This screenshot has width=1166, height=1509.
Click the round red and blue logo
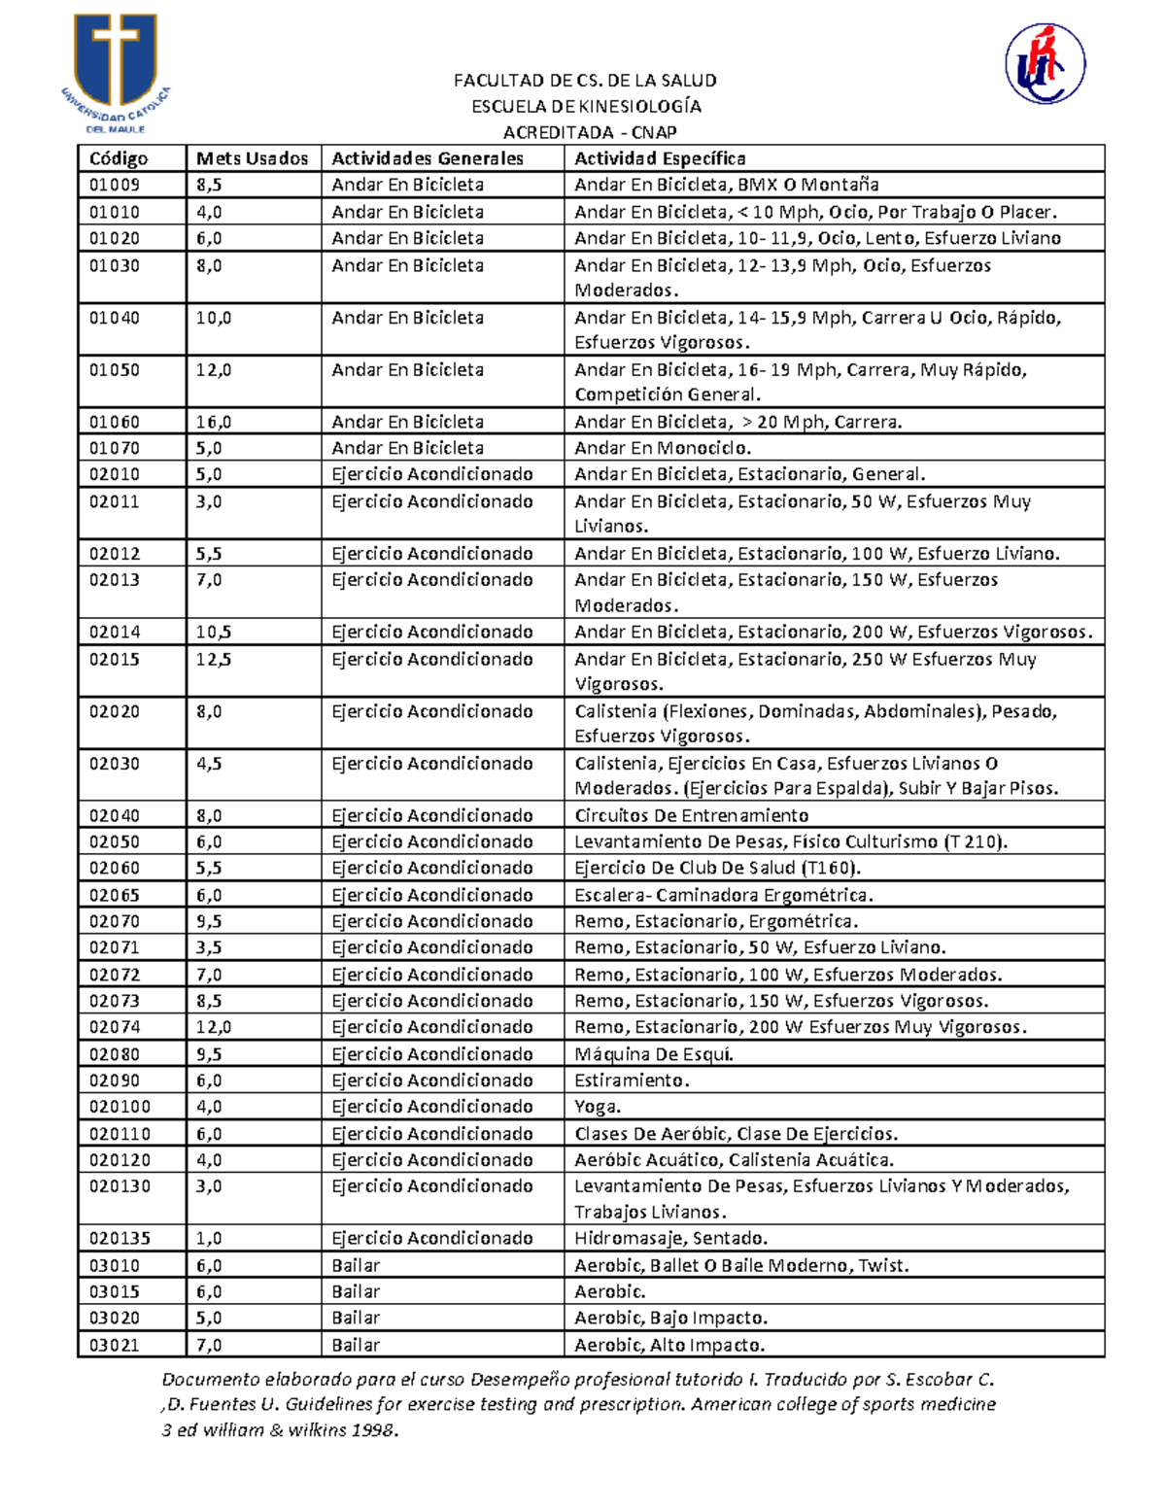pos(1045,63)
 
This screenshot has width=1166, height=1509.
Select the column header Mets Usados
pos(252,158)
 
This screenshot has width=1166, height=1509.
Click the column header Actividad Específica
pos(660,158)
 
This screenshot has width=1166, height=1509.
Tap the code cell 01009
pos(115,185)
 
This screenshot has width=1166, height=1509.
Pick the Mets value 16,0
pos(214,422)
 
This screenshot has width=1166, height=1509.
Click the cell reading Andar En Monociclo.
pos(662,448)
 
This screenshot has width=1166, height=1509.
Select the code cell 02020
pos(115,711)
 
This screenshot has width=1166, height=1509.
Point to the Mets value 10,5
pos(214,632)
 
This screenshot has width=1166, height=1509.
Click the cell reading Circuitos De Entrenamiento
pos(691,815)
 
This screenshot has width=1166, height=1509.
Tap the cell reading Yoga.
pos(598,1107)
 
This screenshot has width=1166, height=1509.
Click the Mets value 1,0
pos(209,1238)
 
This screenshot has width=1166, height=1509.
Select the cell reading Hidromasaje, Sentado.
pos(670,1238)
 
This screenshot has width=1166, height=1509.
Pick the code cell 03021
pos(115,1345)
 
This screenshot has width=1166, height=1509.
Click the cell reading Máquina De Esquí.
pos(653,1054)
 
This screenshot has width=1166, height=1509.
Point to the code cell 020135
pos(120,1238)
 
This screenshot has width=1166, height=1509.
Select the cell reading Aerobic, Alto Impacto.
pos(669,1345)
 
